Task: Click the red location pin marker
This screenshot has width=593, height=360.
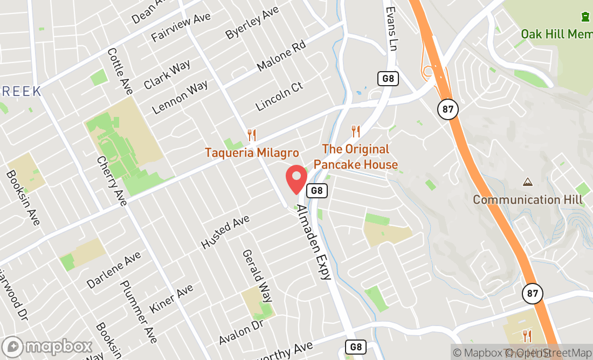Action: pyautogui.click(x=296, y=179)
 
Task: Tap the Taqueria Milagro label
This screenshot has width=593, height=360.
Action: pyautogui.click(x=252, y=153)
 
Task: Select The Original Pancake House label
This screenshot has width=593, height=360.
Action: pyautogui.click(x=356, y=157)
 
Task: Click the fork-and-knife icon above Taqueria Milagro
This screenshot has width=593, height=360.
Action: pyautogui.click(x=251, y=135)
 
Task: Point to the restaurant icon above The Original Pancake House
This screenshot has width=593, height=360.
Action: pyautogui.click(x=355, y=131)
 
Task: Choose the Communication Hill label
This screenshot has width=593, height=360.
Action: pyautogui.click(x=528, y=200)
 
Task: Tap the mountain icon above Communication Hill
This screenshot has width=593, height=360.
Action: pyautogui.click(x=528, y=182)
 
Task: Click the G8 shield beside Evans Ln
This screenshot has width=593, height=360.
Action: pyautogui.click(x=388, y=78)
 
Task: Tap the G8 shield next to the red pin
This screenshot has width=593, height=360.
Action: pyautogui.click(x=317, y=190)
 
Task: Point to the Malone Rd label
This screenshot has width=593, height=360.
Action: pyautogui.click(x=281, y=56)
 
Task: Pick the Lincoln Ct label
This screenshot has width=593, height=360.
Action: pyautogui.click(x=279, y=96)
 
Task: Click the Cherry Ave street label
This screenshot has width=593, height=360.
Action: pyautogui.click(x=112, y=181)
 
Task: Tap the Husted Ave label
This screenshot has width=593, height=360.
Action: pyautogui.click(x=225, y=232)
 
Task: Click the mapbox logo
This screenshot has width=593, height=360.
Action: pyautogui.click(x=47, y=345)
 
